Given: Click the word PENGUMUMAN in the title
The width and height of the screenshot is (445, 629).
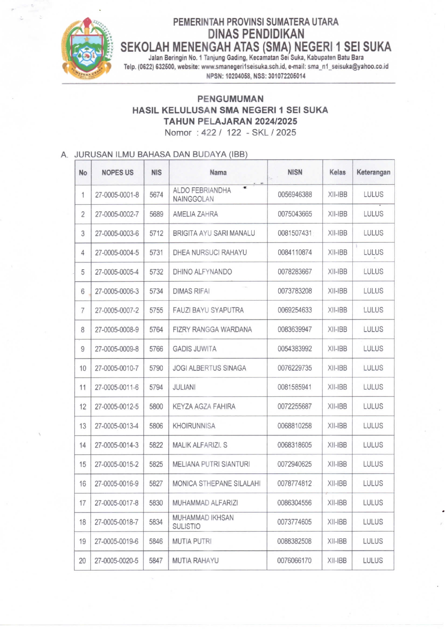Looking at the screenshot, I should click(x=230, y=99).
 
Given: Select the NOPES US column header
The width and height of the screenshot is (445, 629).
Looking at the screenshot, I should click(x=117, y=173).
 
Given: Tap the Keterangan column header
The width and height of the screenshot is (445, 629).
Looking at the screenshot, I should click(x=373, y=172).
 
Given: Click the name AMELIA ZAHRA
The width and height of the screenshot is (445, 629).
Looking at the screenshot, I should click(x=195, y=214).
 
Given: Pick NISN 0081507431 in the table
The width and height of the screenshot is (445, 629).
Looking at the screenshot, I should click(x=295, y=233).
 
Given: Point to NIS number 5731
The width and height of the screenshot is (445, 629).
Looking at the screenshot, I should click(x=156, y=253).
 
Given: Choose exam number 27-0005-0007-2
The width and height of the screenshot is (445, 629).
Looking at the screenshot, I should click(x=117, y=310).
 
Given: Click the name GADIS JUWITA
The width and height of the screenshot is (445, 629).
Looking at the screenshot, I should click(x=195, y=349).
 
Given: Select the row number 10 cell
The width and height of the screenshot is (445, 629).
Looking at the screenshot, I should click(x=83, y=368).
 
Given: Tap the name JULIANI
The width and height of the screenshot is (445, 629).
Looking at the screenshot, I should click(x=184, y=387).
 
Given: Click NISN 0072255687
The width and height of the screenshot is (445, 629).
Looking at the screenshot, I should click(x=295, y=407).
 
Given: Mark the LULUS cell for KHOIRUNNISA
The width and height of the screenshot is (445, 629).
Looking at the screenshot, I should click(x=373, y=426).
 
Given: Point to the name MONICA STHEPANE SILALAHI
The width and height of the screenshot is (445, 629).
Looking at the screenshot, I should click(x=216, y=484).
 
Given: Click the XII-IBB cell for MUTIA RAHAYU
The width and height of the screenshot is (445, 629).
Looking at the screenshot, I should click(x=337, y=560).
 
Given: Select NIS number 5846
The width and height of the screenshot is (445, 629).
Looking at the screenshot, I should click(x=156, y=541).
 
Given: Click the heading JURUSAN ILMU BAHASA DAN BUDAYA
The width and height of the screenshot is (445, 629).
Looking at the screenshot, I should click(x=161, y=154).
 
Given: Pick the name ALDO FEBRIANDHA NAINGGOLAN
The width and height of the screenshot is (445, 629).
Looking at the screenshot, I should click(x=202, y=194).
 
